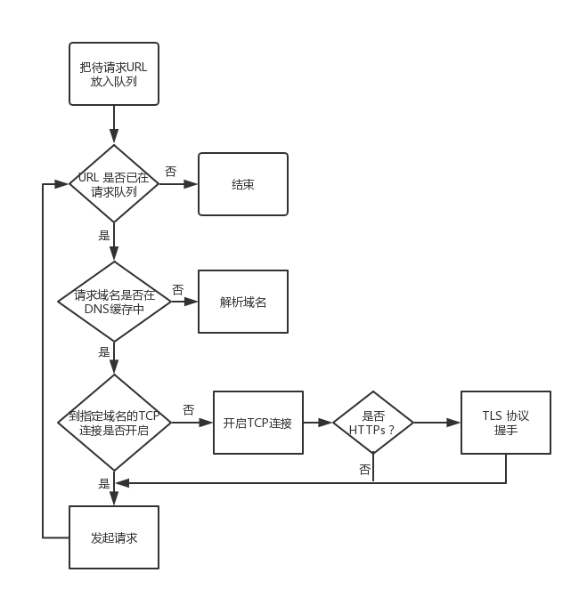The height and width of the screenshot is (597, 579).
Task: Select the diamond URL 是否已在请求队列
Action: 113,184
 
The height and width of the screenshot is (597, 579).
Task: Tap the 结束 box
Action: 242,184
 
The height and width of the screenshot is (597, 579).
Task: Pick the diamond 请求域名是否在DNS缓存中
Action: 113,301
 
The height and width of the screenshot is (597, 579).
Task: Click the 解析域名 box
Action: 242,302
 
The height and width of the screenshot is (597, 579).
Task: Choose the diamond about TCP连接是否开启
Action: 113,422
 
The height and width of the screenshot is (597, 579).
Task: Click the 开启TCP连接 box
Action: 258,423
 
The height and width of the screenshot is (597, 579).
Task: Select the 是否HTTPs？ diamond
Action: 372,423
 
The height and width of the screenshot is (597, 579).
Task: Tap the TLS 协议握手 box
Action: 505,423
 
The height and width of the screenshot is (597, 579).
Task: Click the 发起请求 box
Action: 113,537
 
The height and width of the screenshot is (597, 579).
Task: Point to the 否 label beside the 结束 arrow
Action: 170,171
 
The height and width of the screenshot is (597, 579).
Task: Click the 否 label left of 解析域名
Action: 177,289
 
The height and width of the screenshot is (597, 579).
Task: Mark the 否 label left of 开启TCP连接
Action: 188,409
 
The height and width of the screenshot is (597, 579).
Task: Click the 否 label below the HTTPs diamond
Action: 364,469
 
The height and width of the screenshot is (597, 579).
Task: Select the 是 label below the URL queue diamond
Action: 104,236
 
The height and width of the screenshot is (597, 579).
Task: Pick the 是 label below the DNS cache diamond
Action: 104,351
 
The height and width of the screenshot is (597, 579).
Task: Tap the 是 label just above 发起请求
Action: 104,484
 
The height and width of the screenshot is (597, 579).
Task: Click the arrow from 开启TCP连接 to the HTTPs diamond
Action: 317,423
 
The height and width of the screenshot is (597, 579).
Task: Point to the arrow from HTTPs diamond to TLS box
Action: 436,423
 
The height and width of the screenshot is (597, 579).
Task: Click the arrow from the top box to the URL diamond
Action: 114,125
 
